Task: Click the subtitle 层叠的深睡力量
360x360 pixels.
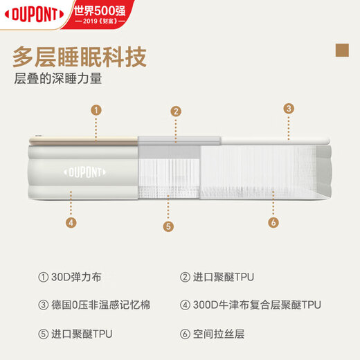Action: [58, 79]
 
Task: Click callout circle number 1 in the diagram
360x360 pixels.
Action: [97, 109]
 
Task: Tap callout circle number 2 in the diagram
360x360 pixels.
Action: [176, 111]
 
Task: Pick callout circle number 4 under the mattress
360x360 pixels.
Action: [71, 222]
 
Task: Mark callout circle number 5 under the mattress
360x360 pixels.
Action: [168, 226]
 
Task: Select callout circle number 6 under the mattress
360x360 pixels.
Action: [273, 222]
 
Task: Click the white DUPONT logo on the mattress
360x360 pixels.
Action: [86, 170]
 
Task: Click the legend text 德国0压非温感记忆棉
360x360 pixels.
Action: [100, 305]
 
